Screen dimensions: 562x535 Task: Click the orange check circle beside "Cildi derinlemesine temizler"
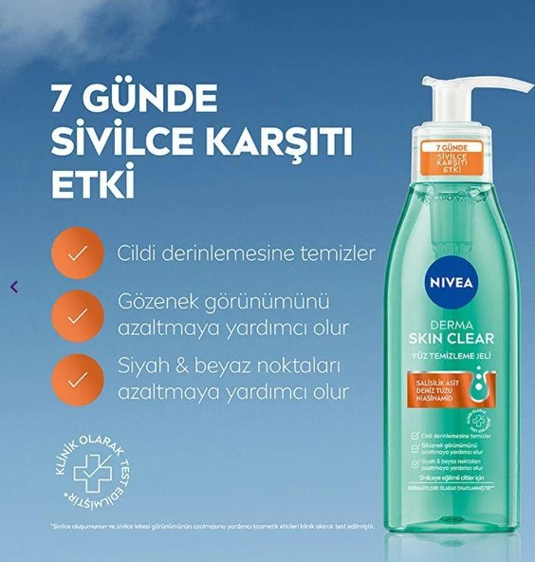(78, 254)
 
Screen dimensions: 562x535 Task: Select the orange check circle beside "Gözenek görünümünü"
(78, 313)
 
